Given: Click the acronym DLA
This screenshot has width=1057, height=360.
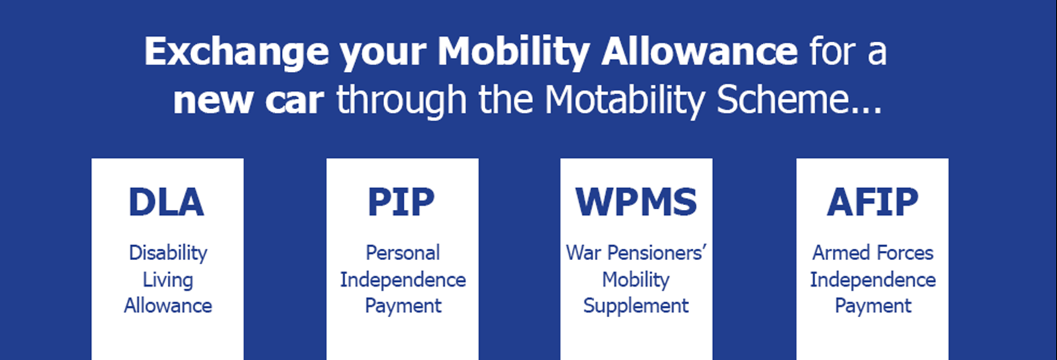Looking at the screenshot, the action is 166,202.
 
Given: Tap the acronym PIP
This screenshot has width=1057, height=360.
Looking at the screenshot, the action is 401,202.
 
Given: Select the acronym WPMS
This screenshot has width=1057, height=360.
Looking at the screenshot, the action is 636,202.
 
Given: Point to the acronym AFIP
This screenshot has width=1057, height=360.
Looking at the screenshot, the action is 872,202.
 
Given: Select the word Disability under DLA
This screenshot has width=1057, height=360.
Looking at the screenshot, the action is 168,254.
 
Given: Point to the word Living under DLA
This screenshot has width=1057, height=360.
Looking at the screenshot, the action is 168,280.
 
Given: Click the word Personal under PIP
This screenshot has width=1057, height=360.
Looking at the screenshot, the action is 402,253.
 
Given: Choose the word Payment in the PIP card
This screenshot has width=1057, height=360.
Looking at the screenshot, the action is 403,306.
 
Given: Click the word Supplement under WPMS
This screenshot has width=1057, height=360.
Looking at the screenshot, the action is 636,306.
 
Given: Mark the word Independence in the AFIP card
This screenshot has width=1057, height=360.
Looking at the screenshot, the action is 873,280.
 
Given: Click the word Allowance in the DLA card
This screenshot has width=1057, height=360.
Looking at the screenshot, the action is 168,306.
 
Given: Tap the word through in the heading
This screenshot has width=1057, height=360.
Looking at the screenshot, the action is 402,100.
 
